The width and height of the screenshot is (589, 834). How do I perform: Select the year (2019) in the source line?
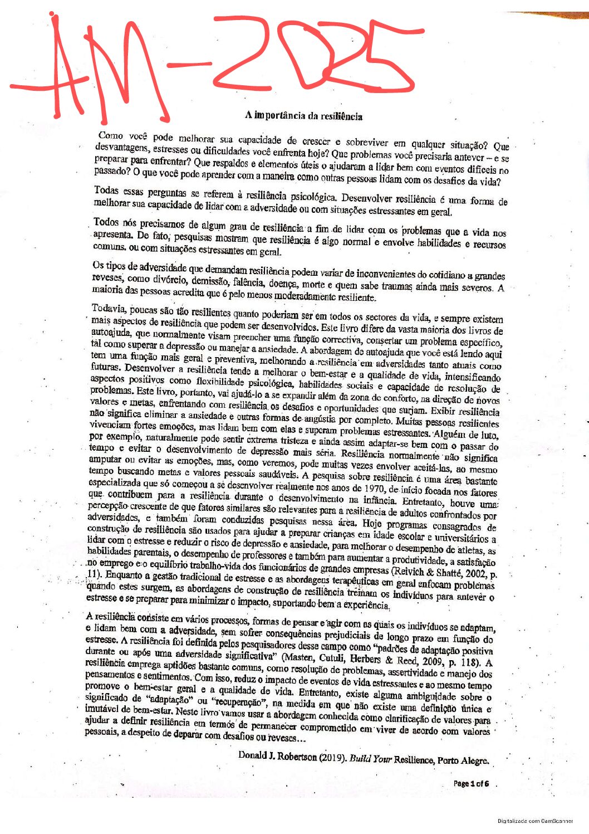[332, 758]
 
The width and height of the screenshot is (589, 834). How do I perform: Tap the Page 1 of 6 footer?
[471, 783]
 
